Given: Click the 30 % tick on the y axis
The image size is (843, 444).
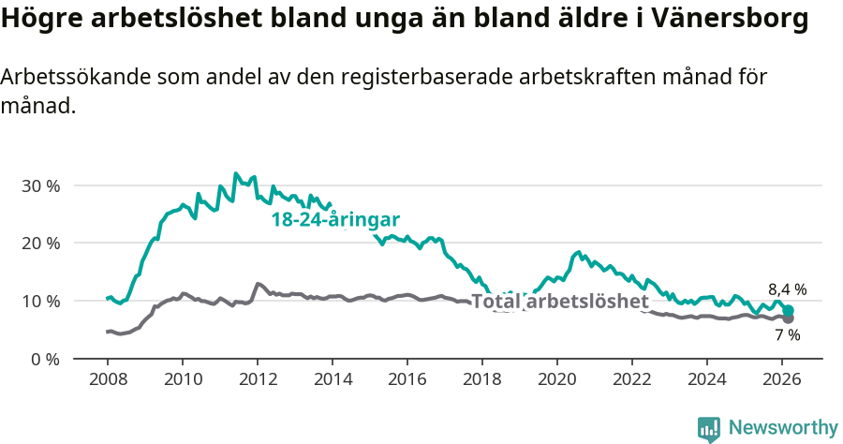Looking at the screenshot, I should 39,185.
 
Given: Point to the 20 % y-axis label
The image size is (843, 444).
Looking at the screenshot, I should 39,244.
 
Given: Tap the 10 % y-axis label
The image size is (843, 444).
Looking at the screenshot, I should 39,302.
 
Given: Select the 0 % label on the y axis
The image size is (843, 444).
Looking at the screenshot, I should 44,359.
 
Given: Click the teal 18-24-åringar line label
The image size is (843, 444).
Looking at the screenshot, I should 335,220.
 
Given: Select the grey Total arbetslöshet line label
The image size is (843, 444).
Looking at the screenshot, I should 560,302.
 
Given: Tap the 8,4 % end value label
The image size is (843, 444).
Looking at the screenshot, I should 788,289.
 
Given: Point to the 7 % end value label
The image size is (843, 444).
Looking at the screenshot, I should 788,334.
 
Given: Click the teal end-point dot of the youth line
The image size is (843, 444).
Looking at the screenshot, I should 788,310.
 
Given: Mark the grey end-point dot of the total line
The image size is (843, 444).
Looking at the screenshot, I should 788,318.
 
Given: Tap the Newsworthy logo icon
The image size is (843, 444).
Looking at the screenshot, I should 709,429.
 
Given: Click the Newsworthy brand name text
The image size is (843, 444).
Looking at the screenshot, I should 783,428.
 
